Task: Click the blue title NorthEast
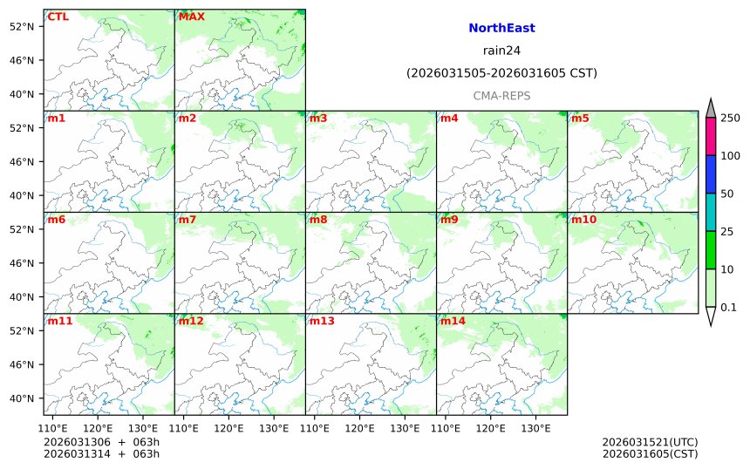pos(501,28)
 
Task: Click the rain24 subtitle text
pos(501,50)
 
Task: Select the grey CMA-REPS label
pos(501,95)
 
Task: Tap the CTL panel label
pos(58,16)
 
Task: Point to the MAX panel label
pos(191,16)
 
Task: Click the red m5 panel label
pos(580,118)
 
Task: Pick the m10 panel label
pos(583,219)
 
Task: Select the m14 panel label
pos(453,321)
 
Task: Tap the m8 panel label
pos(318,219)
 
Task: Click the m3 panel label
pos(318,118)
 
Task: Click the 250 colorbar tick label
pos(730,119)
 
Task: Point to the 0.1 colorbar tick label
pos(729,307)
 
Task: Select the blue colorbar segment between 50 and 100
pos(710,174)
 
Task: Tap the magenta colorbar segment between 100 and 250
pos(710,137)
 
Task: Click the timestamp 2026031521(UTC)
pos(650,442)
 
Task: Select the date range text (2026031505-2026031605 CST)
pos(501,73)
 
